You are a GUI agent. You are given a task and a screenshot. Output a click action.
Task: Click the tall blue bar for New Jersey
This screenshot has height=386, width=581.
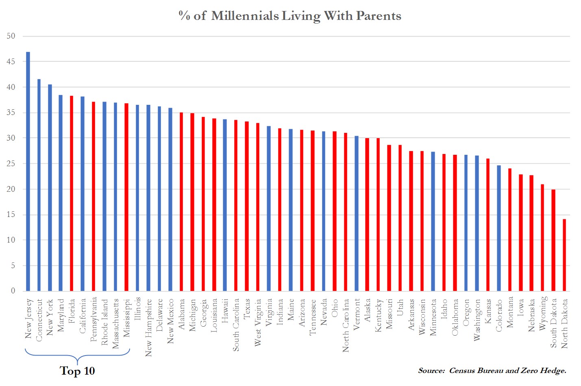[28, 171]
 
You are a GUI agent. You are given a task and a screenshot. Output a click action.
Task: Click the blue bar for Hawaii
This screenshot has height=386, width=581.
[225, 205]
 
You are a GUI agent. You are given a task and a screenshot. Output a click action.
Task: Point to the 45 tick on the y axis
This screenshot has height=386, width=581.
[11, 62]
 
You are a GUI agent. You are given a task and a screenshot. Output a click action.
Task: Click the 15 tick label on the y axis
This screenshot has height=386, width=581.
[11, 215]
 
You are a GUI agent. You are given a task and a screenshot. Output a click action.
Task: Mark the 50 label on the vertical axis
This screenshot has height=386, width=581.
[11, 36]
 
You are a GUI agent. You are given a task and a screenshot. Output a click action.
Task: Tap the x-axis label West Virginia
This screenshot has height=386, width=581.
[258, 323]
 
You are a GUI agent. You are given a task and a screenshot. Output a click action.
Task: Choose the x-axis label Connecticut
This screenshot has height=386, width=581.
[39, 320]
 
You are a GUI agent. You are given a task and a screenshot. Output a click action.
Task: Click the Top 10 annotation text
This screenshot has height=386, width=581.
[77, 371]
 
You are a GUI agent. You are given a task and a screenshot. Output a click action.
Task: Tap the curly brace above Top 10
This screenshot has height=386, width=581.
[77, 356]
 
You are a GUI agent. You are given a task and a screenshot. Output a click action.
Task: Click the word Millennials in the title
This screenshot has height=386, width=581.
[245, 16]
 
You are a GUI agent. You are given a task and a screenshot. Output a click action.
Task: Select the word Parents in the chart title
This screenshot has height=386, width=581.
[379, 16]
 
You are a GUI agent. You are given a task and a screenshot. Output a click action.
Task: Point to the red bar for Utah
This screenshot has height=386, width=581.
[400, 218]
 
